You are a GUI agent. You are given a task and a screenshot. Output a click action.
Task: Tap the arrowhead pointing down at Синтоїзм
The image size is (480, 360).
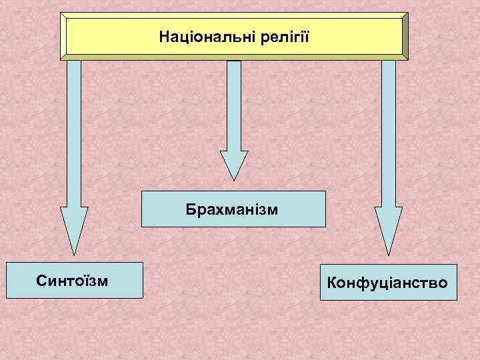pos(74,230)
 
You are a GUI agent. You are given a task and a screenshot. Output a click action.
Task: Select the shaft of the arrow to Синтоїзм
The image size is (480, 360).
pos(74,133)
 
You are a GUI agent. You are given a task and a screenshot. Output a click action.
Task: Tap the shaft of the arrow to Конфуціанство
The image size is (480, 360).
pos(388,133)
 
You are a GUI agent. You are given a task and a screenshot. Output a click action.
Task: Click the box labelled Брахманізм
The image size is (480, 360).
pos(233,209)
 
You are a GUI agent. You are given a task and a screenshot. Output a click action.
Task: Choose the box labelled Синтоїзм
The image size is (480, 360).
pos(74,280)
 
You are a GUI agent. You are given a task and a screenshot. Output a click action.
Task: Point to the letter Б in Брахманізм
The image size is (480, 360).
pos(191,209)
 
